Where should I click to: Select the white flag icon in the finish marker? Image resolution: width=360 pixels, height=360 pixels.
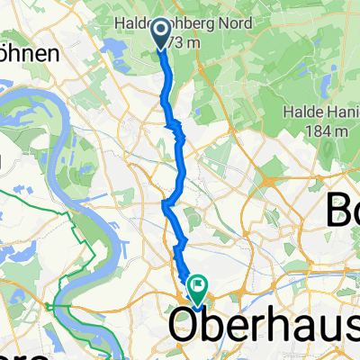pyautogui.click(x=196, y=284)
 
